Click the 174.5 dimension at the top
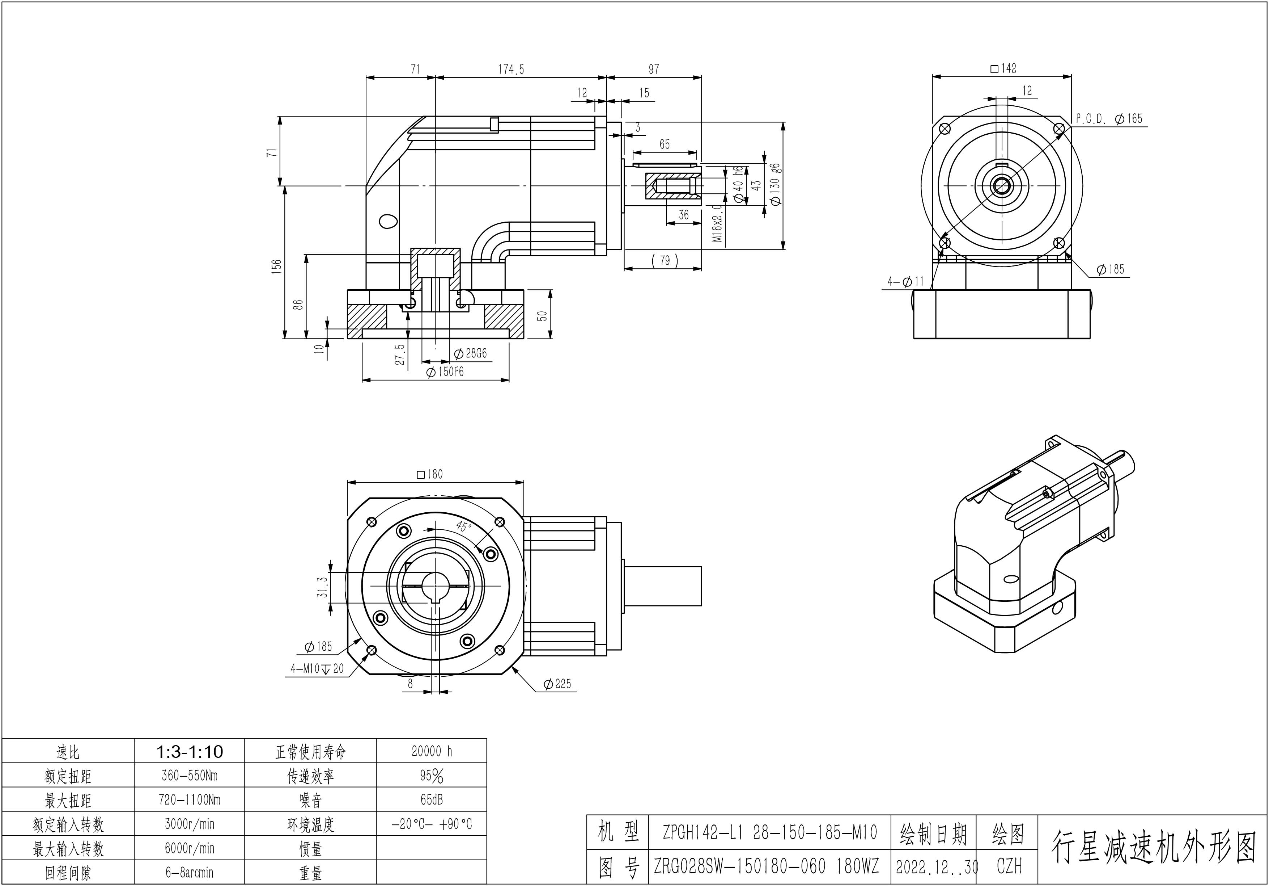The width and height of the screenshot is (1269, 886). [x=511, y=69]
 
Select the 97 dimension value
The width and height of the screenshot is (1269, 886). [x=654, y=69]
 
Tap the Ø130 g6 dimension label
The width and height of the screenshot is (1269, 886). [x=775, y=184]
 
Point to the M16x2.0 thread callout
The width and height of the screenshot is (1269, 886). [x=717, y=223]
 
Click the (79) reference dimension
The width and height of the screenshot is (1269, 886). [x=665, y=260]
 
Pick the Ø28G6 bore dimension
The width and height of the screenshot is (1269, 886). [x=470, y=353]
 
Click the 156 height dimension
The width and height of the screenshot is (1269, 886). [x=277, y=266]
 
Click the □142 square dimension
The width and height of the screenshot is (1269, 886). [x=1003, y=68]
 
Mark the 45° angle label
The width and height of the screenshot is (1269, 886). [x=463, y=526]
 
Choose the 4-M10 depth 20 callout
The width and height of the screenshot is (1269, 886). [x=317, y=669]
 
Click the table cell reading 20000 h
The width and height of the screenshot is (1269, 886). [x=432, y=751]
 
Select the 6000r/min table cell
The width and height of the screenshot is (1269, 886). [x=189, y=848]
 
